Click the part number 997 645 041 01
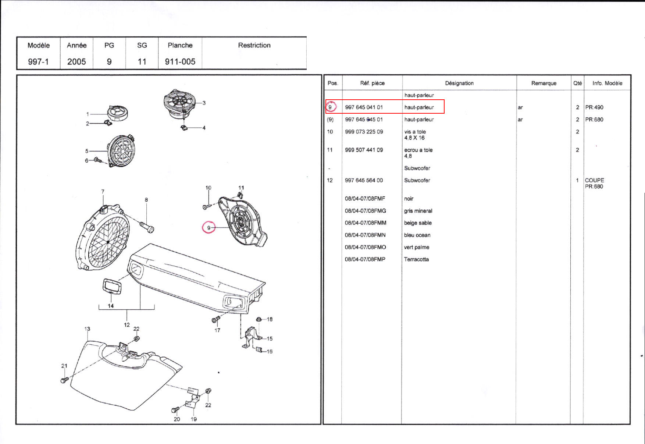point(364,107)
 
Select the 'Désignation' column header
point(459,83)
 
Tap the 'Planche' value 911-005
point(180,61)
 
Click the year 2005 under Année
point(76,61)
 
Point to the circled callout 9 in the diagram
point(209,228)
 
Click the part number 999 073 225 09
point(364,132)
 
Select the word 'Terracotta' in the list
point(416,259)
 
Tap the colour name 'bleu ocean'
point(417,235)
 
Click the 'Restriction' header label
point(254,45)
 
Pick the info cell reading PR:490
point(594,107)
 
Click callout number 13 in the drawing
point(87,329)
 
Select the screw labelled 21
point(64,380)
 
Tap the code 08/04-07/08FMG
point(365,211)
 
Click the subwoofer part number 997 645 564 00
point(364,180)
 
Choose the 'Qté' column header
point(577,83)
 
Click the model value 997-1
point(38,61)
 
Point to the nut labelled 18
point(259,319)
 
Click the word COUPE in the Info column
point(594,180)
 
